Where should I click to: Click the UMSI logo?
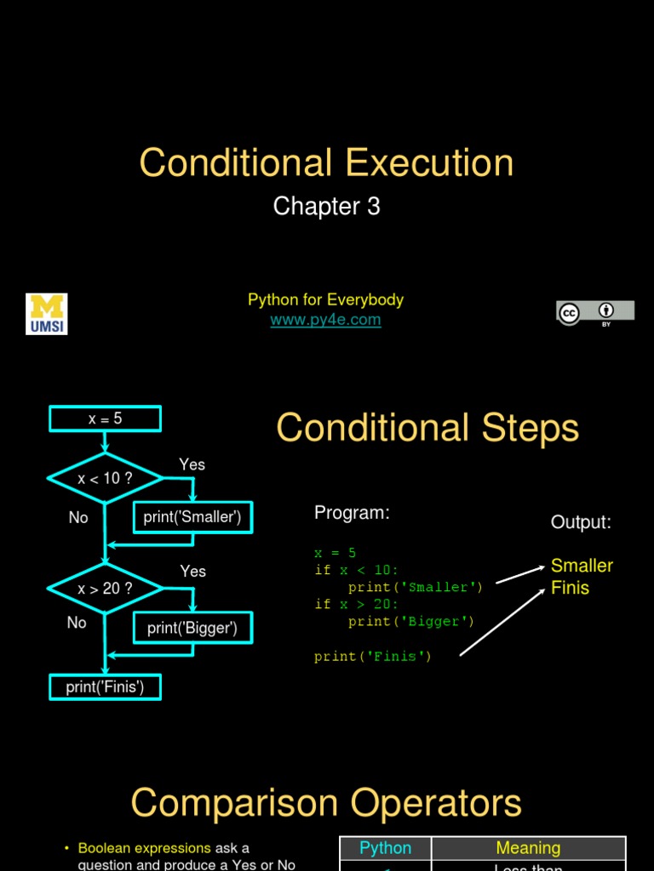coord(47,314)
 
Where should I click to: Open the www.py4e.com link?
coord(325,320)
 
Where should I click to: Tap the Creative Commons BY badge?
coord(595,312)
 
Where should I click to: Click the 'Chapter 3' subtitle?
coord(326,206)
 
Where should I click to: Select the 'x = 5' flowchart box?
coord(105,418)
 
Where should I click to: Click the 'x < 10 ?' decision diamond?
coord(105,478)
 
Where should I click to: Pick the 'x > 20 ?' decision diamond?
coord(105,588)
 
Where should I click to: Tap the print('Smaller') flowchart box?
coord(192,517)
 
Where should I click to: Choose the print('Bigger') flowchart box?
coord(192,629)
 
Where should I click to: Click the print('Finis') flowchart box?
coord(105,686)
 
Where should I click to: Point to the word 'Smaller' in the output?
coord(582,566)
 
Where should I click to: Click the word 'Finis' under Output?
coord(570,588)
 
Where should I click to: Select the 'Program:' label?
coord(352,513)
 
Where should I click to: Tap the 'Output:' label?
coord(581,522)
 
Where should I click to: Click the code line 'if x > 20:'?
coord(356,604)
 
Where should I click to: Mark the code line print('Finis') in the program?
coord(372,656)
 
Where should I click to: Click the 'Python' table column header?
coord(385,848)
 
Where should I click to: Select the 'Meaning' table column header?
coord(528,848)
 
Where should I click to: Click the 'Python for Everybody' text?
coord(325,299)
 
